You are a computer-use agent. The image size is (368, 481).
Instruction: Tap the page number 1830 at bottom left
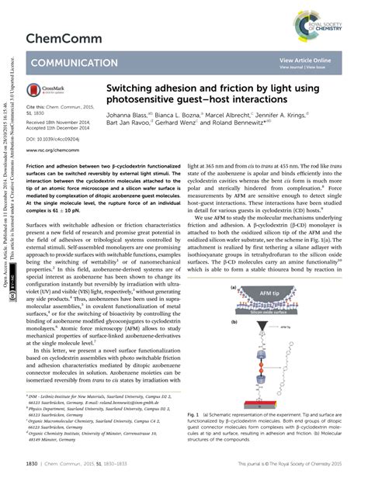tap(33, 464)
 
